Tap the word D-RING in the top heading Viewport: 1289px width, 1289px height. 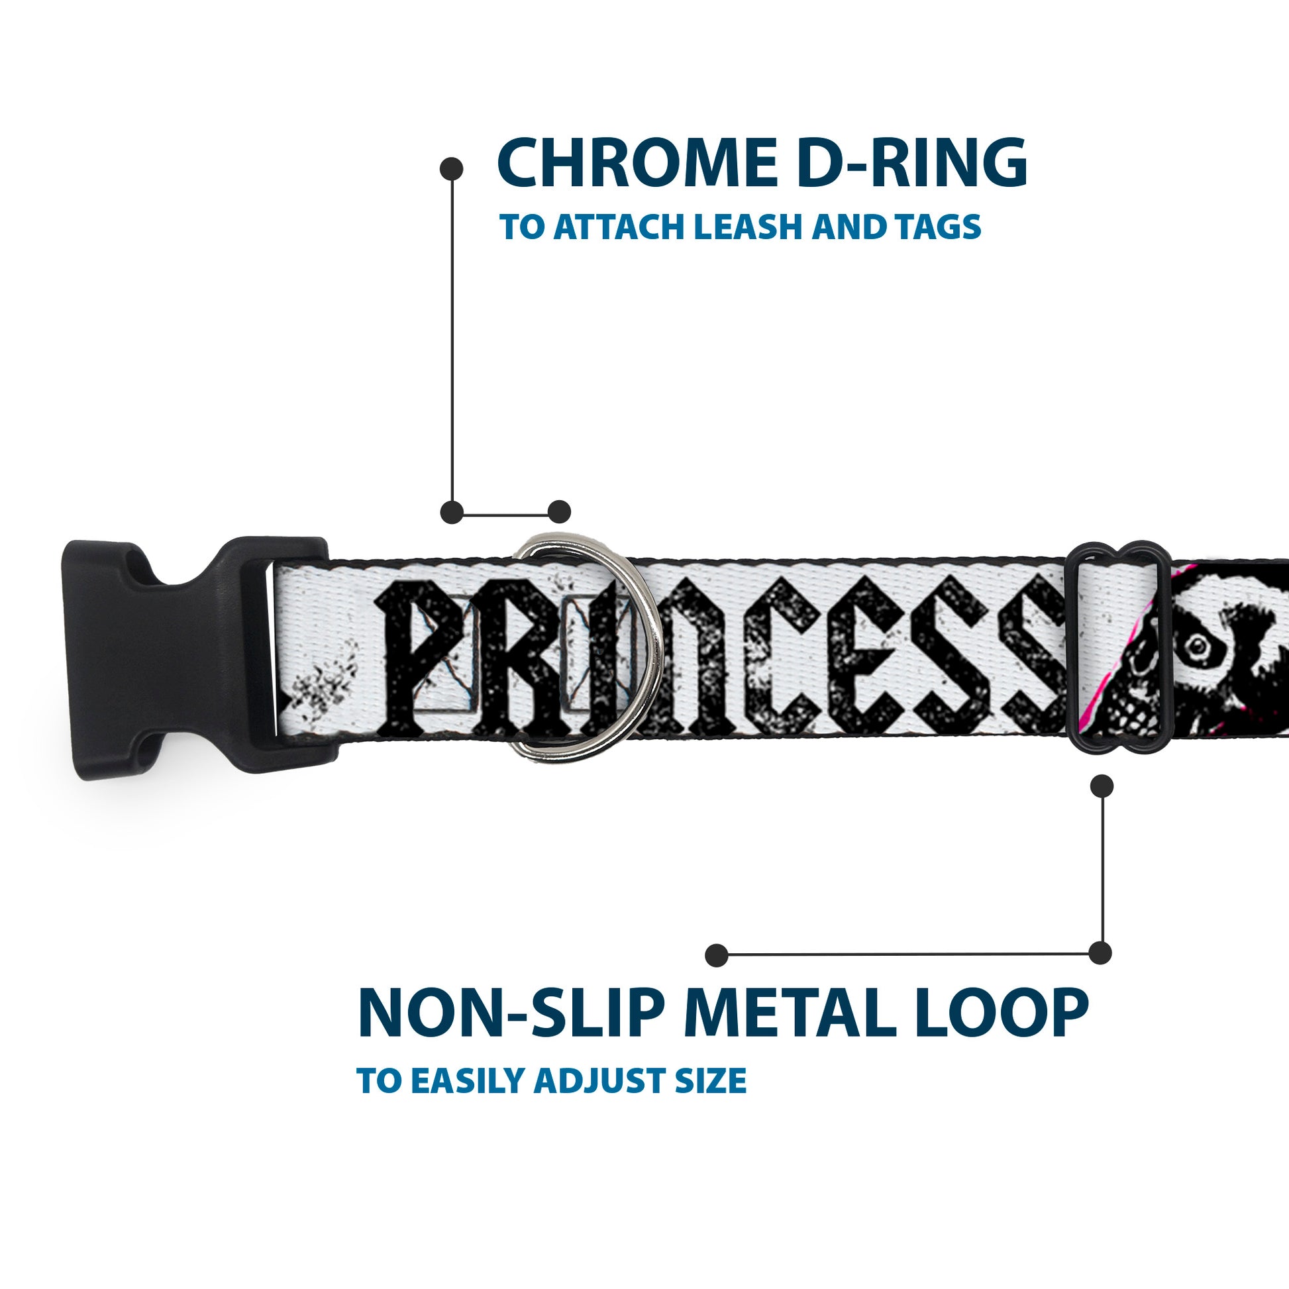[x=911, y=164]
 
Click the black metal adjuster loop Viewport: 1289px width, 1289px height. [x=1121, y=650]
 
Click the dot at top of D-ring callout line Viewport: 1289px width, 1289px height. [x=452, y=168]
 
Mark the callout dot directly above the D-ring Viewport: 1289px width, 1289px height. [x=559, y=512]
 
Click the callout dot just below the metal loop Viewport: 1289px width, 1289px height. [x=1102, y=786]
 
